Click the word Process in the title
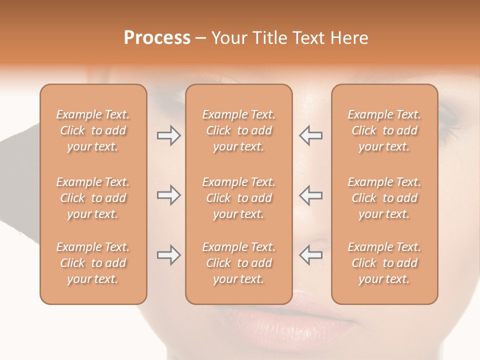pyautogui.click(x=157, y=38)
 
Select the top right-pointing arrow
pyautogui.click(x=168, y=135)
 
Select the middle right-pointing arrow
pyautogui.click(x=168, y=195)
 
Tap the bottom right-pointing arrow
pyautogui.click(x=168, y=255)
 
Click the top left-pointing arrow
pyautogui.click(x=311, y=135)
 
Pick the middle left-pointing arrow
pyautogui.click(x=311, y=195)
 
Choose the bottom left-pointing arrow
pyautogui.click(x=311, y=255)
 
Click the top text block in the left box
pyautogui.click(x=93, y=130)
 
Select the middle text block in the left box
pyautogui.click(x=93, y=198)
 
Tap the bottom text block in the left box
pyautogui.click(x=93, y=263)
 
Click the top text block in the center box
pyautogui.click(x=238, y=130)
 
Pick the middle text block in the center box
pyautogui.click(x=238, y=198)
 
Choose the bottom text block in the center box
pyautogui.click(x=238, y=263)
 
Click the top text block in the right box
pyautogui.click(x=384, y=130)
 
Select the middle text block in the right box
pyautogui.click(x=384, y=198)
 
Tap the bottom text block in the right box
pyautogui.click(x=384, y=263)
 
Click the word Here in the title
pyautogui.click(x=350, y=38)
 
